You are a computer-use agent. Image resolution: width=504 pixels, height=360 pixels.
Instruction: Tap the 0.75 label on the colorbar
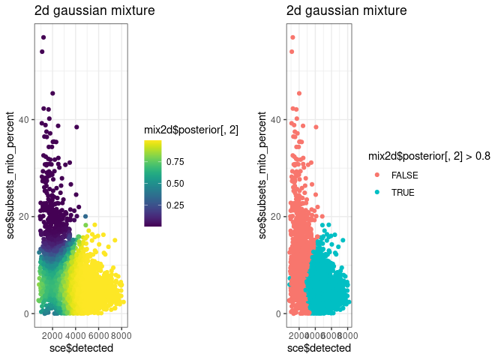pos(176,160)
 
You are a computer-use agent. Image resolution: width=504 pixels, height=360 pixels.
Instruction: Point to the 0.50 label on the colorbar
pos(176,182)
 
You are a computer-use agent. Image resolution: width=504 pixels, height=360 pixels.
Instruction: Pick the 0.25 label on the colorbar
pos(176,204)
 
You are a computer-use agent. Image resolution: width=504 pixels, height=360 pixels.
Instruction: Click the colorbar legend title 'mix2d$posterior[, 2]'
pos(191,130)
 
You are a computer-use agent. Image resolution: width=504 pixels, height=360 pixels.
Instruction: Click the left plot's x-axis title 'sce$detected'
pos(81,348)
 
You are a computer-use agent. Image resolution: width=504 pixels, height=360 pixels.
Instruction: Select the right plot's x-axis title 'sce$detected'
pos(319,348)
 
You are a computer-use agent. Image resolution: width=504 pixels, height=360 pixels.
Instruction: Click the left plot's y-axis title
pos(11,175)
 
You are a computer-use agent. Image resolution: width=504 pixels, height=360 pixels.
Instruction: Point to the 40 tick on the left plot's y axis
pos(24,120)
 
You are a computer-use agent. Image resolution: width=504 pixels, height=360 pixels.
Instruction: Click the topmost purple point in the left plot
pos(43,37)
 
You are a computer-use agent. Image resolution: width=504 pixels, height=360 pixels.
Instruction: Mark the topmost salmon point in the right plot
pos(292,37)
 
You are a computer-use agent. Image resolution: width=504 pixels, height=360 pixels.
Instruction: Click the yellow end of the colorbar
pos(153,144)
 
